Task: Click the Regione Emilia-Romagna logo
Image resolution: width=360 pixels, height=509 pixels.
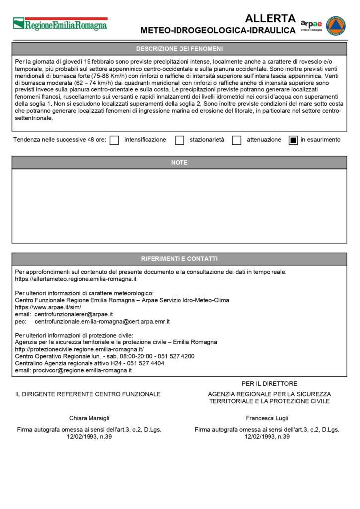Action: coord(60,23)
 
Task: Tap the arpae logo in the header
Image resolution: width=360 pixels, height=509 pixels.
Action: coord(311,25)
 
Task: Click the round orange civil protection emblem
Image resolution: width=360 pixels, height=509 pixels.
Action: coord(336,25)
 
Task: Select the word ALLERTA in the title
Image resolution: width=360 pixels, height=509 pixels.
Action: coord(270,19)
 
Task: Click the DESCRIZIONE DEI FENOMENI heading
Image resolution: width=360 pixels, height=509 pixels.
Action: coord(180,49)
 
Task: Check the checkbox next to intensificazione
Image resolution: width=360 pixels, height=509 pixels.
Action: coord(114,140)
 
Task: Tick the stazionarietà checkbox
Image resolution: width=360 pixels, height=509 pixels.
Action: coord(180,140)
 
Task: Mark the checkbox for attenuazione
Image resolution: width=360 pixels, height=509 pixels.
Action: coord(237,140)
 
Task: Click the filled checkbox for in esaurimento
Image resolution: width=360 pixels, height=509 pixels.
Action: coord(293,140)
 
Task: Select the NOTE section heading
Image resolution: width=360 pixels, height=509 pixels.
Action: coord(180,163)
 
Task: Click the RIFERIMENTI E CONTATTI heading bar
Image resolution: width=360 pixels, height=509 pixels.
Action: coord(180,259)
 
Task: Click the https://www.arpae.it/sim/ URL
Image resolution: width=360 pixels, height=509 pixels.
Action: coord(48,308)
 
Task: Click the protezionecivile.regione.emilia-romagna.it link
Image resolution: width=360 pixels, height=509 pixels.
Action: coord(80,349)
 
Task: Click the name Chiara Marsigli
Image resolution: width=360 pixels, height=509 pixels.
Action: coord(89,418)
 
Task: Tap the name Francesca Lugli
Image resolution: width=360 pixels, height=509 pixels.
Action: coord(267,418)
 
